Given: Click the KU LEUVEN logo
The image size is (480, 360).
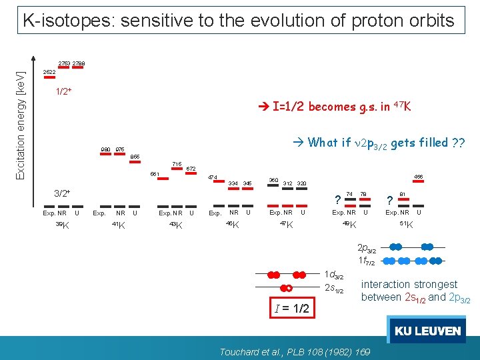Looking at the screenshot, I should tap(427, 331).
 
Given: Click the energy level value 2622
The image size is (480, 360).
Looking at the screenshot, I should tap(49, 72).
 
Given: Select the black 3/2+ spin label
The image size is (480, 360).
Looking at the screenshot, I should tap(63, 193).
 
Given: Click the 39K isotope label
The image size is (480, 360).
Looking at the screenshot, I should tap(62, 225).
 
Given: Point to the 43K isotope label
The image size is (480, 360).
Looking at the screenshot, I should tap(176, 225).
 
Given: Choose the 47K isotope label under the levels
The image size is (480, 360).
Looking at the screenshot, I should tap(285, 225).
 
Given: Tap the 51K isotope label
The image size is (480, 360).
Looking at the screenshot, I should tap(405, 225).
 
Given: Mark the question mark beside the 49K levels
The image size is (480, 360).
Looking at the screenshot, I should tap(338, 200).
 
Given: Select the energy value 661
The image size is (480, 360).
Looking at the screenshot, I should tap(155, 175).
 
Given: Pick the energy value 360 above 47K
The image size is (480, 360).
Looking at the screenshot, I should tap(273, 180).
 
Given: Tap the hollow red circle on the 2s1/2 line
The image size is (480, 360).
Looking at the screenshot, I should tap(288, 288).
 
